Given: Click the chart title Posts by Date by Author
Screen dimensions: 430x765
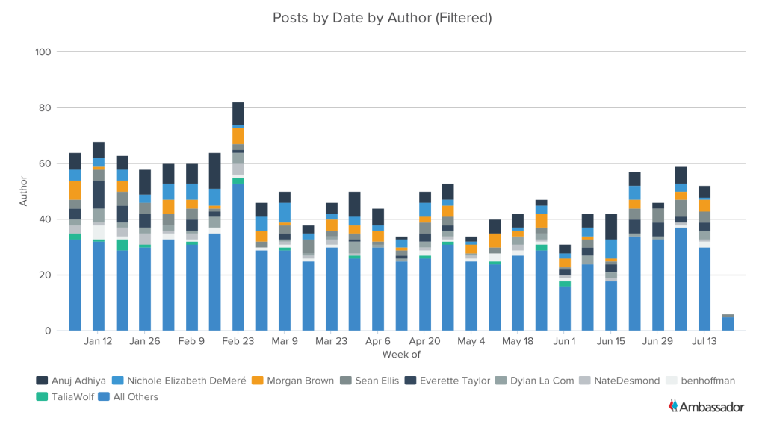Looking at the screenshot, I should coord(382,17).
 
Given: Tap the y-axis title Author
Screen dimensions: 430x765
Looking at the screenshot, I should coord(24,191).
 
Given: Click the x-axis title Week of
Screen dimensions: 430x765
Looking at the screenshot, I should coord(401,353).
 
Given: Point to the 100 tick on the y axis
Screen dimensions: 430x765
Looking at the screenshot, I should coord(43,52).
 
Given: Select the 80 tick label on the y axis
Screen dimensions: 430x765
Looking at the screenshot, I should coord(45,108).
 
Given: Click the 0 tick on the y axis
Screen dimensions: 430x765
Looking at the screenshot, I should coord(48,331).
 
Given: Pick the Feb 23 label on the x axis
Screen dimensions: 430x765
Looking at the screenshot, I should coord(238,341).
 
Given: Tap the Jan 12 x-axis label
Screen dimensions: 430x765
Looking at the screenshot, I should coord(99,341).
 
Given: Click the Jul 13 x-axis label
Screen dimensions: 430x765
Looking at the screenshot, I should coord(704,341).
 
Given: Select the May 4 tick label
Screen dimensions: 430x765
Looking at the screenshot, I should coord(471,341).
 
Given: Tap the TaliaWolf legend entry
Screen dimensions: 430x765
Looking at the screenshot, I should coord(69,397).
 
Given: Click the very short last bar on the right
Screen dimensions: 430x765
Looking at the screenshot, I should coord(728,323).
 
